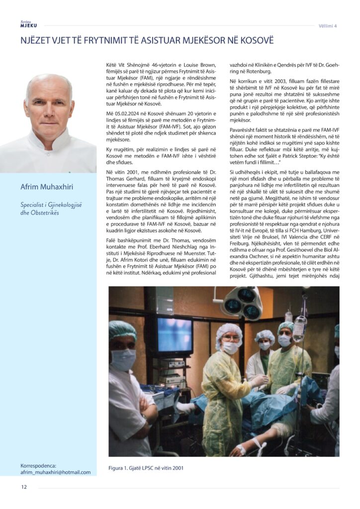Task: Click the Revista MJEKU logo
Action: pos(28,24)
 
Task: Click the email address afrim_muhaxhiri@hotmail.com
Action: pos(56,472)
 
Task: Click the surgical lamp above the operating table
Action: pos(242,302)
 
